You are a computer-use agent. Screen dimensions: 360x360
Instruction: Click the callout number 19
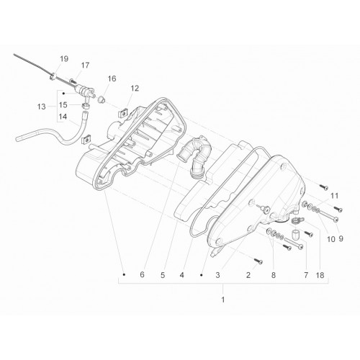tap(64, 59)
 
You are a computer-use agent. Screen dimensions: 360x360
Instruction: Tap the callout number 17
tap(85, 66)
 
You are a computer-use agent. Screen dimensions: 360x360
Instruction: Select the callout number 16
tap(112, 78)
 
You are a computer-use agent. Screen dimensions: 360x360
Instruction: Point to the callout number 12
tap(135, 89)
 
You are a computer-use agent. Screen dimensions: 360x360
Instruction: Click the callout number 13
tap(42, 107)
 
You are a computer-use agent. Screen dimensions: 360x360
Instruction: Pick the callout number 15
tap(63, 105)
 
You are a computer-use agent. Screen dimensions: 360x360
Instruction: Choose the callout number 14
tap(63, 117)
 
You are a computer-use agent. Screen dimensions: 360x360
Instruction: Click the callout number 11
tap(334, 196)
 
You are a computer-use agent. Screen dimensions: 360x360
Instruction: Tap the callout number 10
tap(331, 239)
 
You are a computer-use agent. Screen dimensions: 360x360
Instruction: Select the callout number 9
tap(341, 239)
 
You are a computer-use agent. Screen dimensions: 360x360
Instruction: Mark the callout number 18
tap(320, 275)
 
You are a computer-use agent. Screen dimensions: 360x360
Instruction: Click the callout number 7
tap(306, 275)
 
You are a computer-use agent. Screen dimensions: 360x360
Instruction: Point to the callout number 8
tap(274, 275)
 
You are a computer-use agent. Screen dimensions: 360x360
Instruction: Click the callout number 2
tap(248, 275)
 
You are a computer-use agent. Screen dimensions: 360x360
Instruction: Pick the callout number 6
tap(142, 274)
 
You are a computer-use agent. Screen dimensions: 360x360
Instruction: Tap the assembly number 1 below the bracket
tap(223, 300)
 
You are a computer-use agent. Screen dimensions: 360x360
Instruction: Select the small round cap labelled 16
tap(102, 99)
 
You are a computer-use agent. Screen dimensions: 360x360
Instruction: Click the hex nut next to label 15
tap(86, 106)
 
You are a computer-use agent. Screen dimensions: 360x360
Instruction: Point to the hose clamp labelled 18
tap(297, 220)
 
